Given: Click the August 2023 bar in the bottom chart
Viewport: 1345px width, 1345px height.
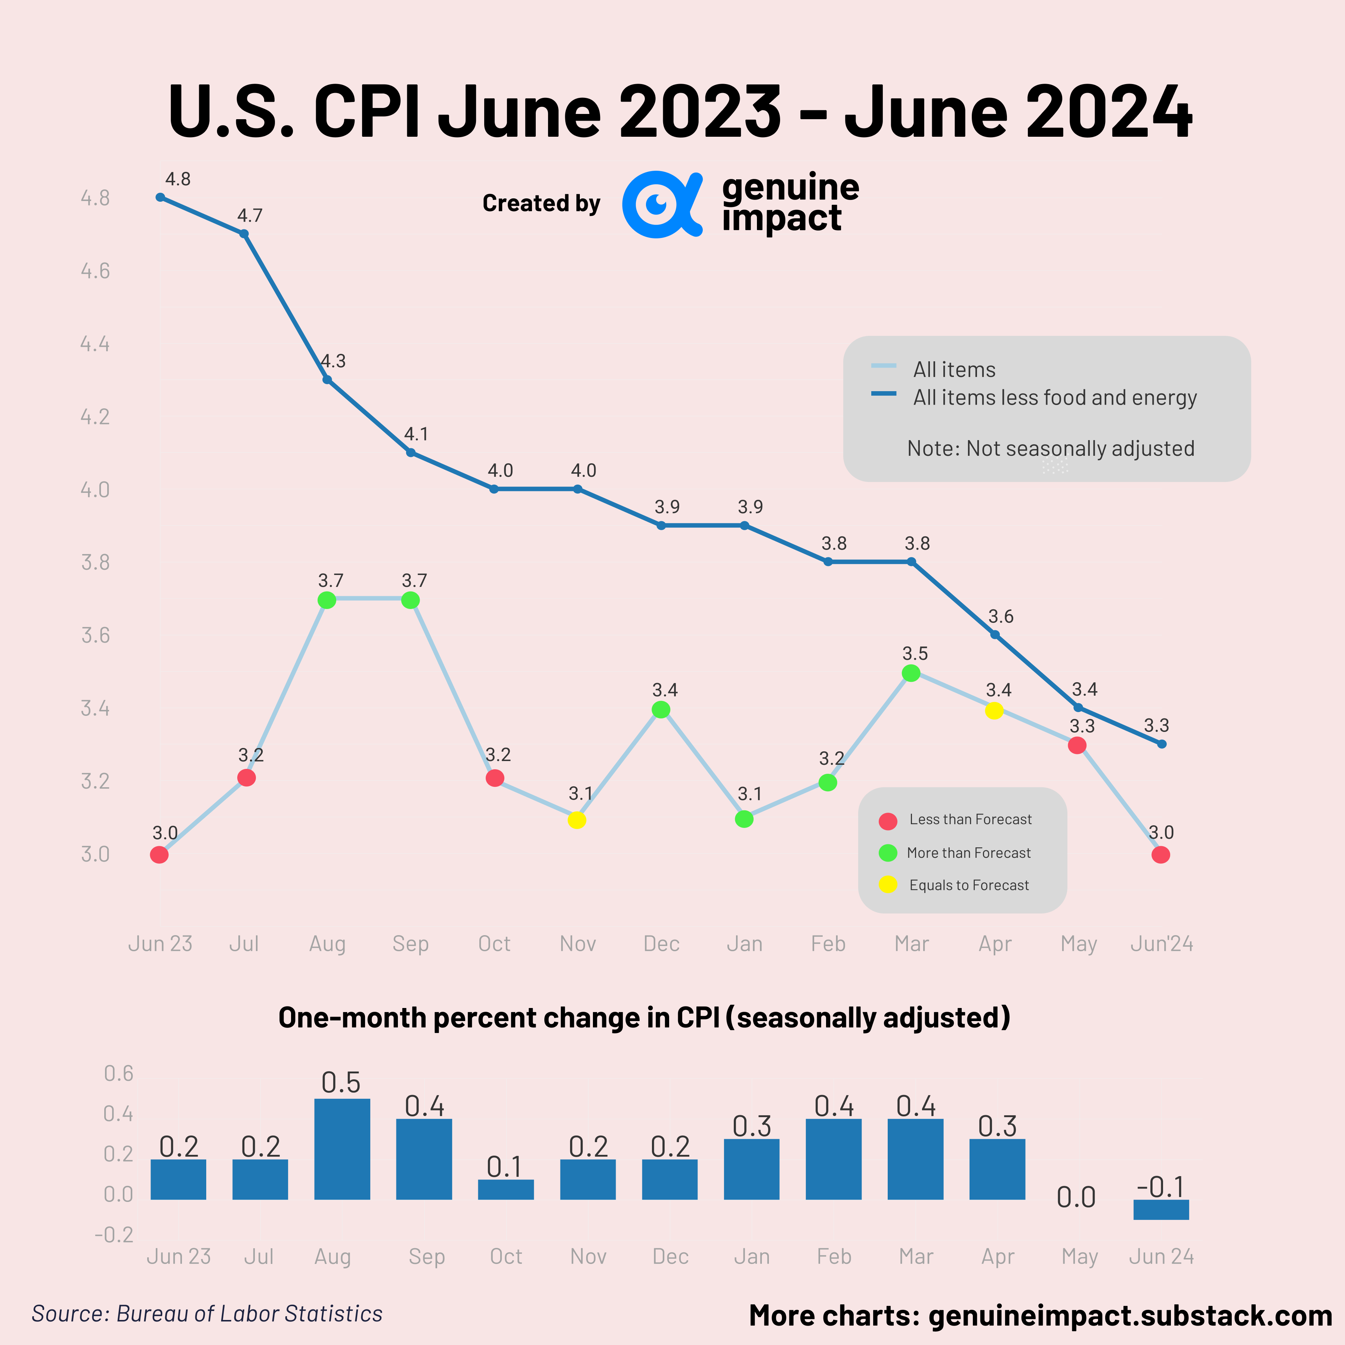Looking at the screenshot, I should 342,1149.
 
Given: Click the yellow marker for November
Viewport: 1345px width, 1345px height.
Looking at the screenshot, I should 576,820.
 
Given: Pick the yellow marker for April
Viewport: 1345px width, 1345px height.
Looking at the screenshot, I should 994,711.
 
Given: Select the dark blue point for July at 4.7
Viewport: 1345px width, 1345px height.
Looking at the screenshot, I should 244,234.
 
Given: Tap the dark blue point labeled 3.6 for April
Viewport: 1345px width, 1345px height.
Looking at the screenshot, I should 995,634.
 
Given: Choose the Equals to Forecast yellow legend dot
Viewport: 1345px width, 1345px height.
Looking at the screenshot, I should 888,885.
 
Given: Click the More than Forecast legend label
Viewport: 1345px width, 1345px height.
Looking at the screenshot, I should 968,853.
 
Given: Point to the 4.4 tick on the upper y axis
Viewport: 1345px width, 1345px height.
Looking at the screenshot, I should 95,344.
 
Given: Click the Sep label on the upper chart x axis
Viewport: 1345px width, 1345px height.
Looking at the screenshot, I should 410,944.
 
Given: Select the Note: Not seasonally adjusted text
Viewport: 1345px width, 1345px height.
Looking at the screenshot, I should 1051,448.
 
